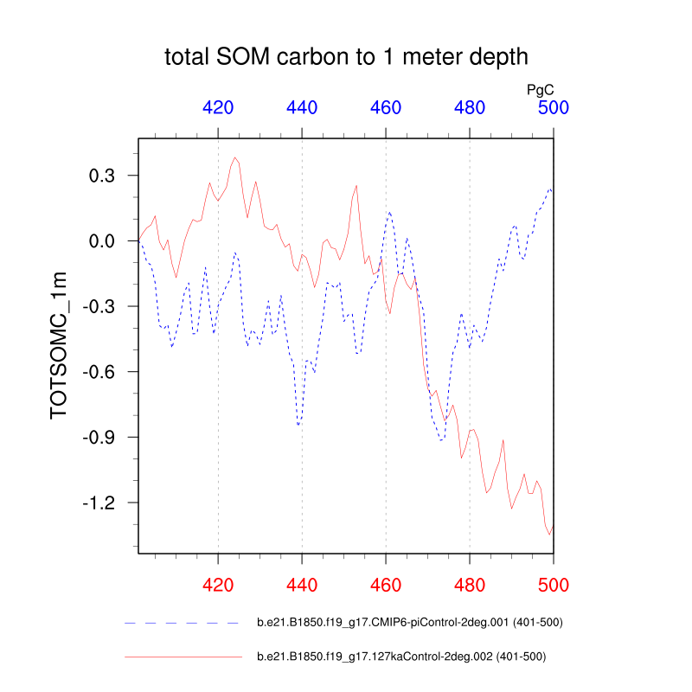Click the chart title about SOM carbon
(x=346, y=58)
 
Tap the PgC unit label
(x=540, y=89)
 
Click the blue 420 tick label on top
(x=218, y=108)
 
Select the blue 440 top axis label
(x=302, y=108)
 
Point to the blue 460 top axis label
(x=386, y=108)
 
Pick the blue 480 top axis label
(x=470, y=108)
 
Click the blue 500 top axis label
(x=553, y=108)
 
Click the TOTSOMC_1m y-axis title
(x=58, y=344)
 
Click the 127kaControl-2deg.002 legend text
(x=401, y=657)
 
